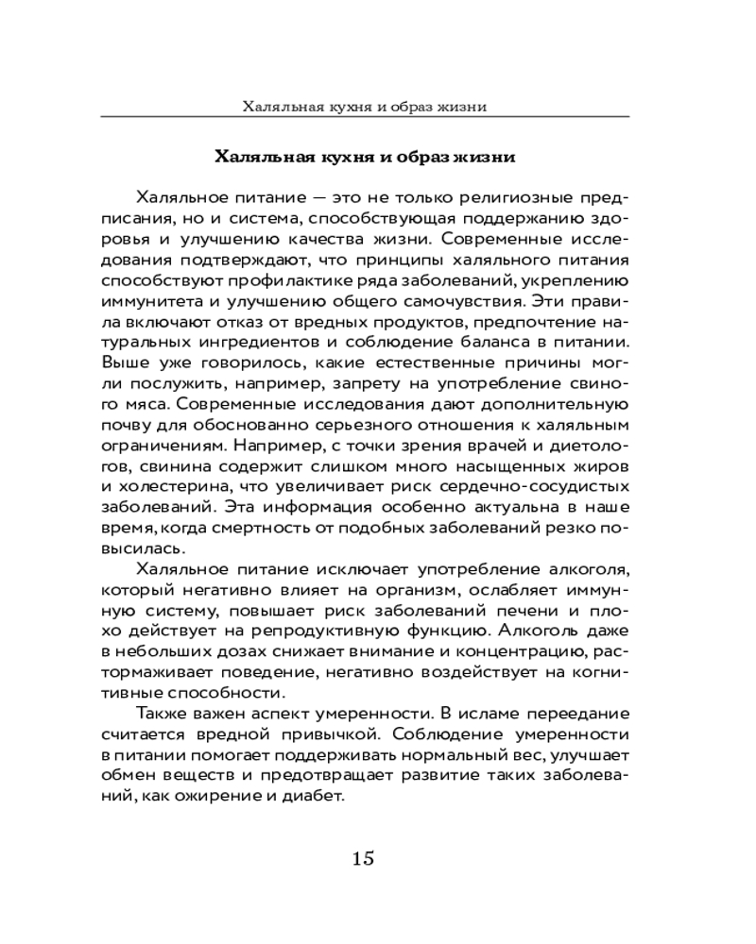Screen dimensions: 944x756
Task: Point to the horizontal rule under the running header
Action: [x=378, y=116]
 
